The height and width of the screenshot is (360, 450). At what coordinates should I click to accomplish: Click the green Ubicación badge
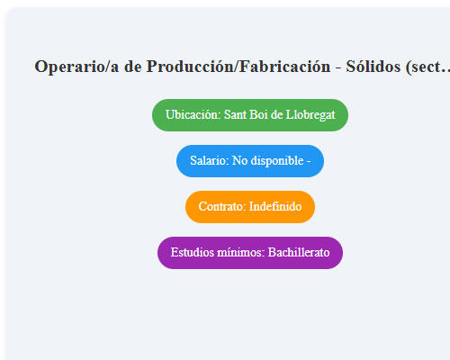[250, 115]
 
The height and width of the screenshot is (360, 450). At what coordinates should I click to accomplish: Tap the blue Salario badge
[250, 161]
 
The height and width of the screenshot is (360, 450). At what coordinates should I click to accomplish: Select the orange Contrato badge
[250, 206]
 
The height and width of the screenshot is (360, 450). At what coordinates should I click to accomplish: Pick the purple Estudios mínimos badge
[250, 252]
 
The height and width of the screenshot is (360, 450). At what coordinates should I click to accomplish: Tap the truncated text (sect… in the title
[428, 67]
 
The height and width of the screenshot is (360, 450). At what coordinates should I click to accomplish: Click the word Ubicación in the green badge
[193, 115]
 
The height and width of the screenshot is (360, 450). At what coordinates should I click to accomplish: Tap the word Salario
[209, 161]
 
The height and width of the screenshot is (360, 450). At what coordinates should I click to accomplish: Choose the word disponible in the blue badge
[277, 161]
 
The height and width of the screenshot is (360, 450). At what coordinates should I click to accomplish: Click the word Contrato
[221, 206]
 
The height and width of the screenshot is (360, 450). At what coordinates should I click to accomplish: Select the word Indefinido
[275, 206]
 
